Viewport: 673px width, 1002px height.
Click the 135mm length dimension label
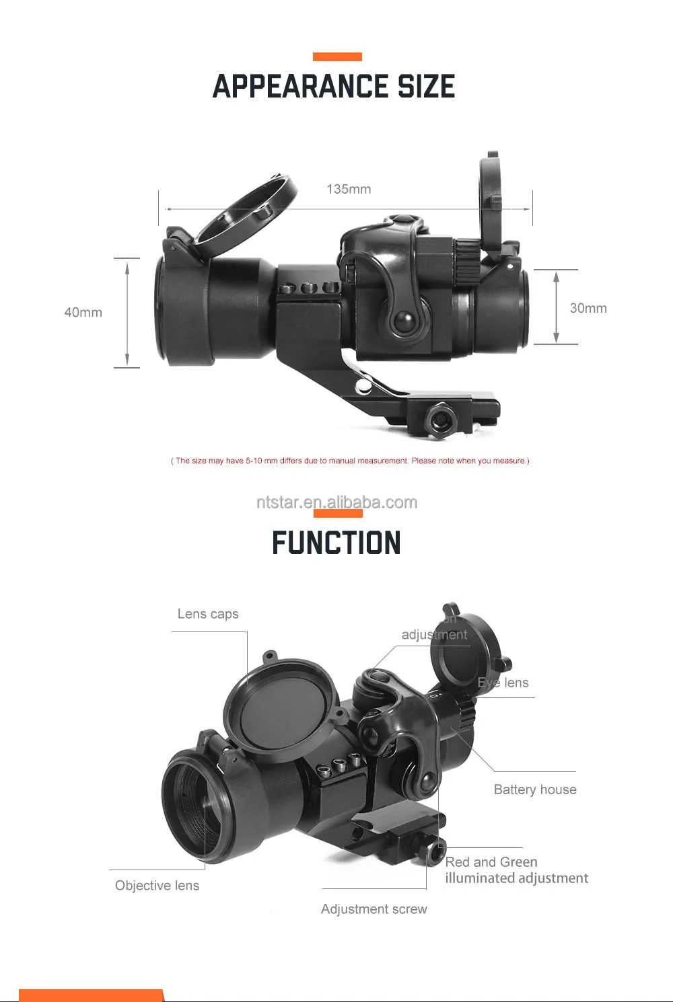click(349, 189)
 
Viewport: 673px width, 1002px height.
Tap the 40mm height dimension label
click(83, 312)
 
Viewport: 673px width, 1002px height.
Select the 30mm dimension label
click(588, 308)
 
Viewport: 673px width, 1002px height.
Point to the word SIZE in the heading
click(426, 87)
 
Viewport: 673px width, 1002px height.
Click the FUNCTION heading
click(336, 543)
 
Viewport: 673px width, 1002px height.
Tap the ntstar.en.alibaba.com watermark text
click(336, 502)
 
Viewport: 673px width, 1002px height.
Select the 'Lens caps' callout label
click(208, 614)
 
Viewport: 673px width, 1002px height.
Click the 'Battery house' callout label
click(535, 789)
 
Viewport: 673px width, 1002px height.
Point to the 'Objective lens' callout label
click(157, 886)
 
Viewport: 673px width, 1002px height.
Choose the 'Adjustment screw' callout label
click(374, 909)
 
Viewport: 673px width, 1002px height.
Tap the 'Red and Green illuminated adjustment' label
click(516, 870)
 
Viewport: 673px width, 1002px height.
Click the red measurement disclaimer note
click(350, 461)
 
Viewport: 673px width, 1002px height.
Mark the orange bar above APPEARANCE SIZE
click(337, 57)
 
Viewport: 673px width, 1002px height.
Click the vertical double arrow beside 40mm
click(127, 313)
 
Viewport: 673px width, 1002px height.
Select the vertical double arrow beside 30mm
click(556, 307)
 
